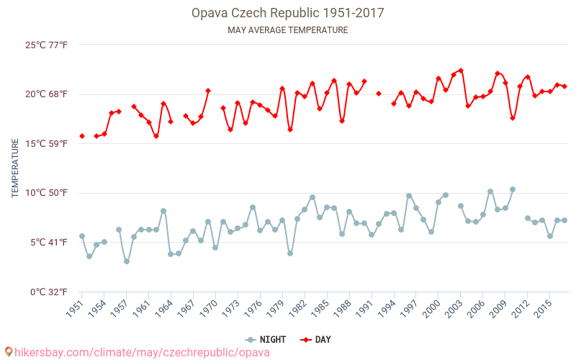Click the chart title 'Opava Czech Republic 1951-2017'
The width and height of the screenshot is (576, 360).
pos(287,13)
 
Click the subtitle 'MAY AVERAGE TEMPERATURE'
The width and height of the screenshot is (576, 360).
pos(287,30)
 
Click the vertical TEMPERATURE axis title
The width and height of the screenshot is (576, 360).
pos(15,168)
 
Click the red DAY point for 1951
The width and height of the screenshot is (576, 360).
pos(82,136)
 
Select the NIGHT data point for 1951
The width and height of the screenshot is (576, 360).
pos(82,236)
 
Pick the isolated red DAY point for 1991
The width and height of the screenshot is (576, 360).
pos(379,94)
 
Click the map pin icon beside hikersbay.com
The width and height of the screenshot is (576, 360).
pos(9,352)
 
